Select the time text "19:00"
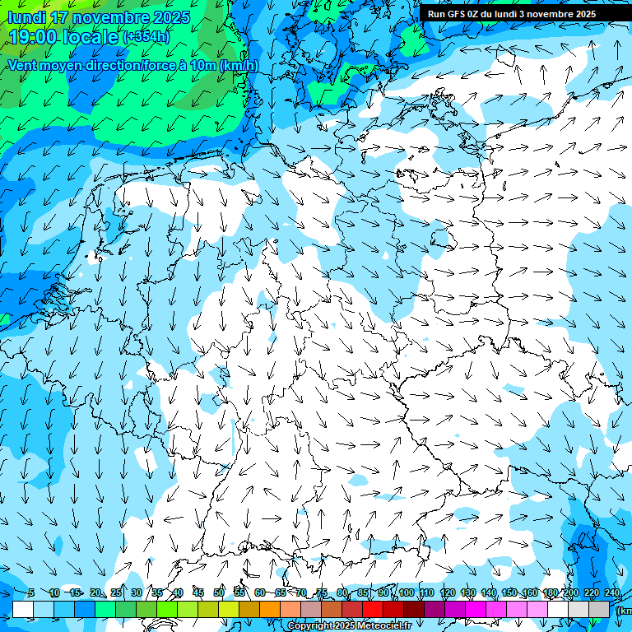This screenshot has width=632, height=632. tap(32, 37)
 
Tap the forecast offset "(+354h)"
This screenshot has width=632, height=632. tap(146, 37)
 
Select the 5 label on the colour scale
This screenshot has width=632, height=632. tap(30, 593)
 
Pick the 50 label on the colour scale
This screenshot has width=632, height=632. tap(219, 593)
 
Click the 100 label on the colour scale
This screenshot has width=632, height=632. tap(406, 593)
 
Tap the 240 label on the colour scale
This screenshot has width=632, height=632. tap(611, 593)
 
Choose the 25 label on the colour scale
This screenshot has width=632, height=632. tap(115, 593)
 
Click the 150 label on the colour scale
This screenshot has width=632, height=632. tap(509, 593)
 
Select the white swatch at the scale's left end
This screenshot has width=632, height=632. tap(23, 609)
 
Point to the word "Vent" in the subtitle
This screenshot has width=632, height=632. tap(22, 65)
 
